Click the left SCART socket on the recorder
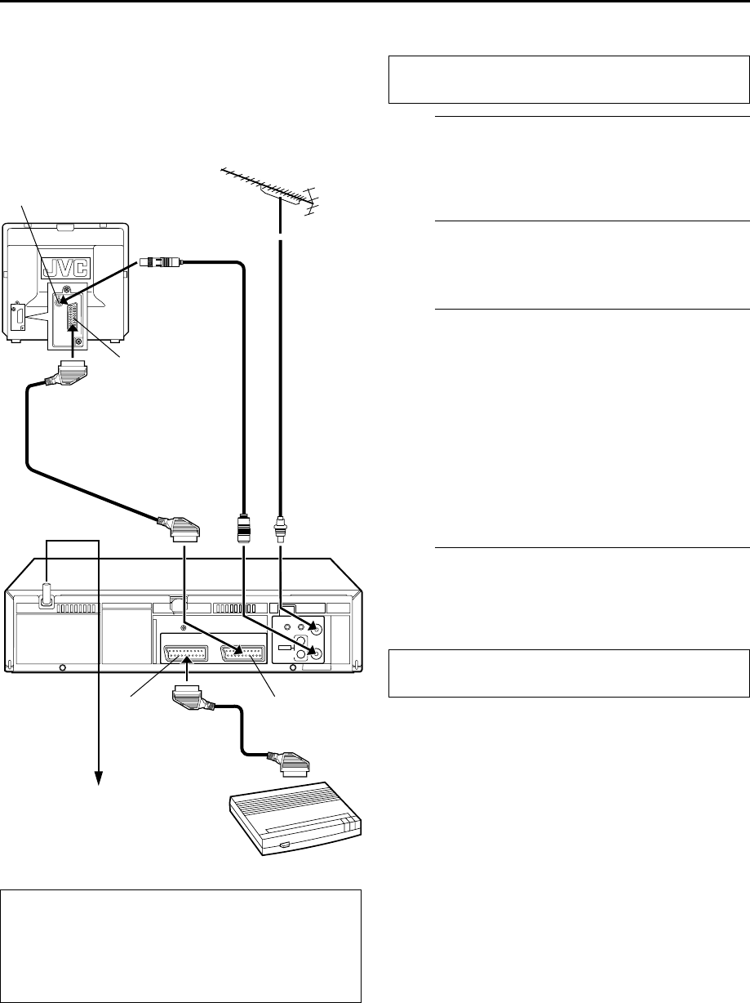[x=188, y=653]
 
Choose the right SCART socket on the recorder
[x=242, y=653]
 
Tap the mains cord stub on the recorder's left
[x=47, y=594]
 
